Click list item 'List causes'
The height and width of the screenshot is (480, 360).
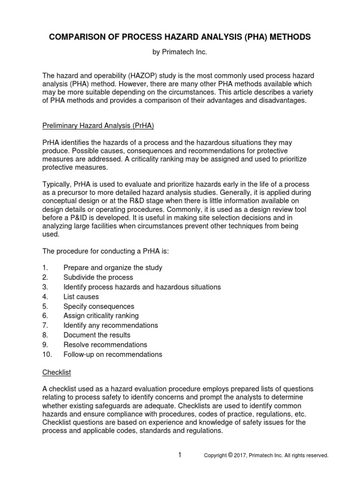(x=81, y=297)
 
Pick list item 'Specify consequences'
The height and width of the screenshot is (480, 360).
(x=98, y=306)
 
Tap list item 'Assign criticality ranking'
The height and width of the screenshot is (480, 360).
(x=101, y=316)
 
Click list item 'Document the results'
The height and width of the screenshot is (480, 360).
(x=97, y=335)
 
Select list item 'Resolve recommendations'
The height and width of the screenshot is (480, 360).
(x=105, y=345)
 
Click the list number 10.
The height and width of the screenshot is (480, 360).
(x=47, y=354)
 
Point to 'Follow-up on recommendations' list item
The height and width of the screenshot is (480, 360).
(x=112, y=354)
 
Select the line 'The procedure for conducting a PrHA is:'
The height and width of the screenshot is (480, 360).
(x=105, y=251)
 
